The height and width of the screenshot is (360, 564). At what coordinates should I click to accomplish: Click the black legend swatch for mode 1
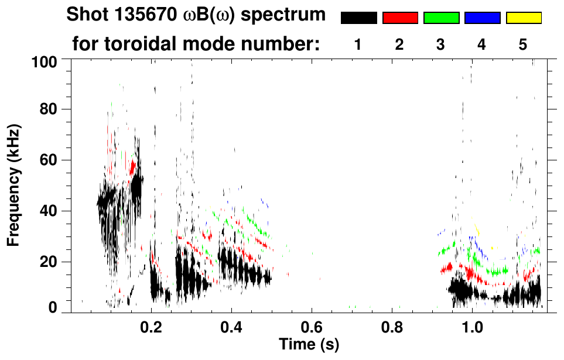tap(358, 18)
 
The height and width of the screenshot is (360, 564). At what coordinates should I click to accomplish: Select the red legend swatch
tap(400, 18)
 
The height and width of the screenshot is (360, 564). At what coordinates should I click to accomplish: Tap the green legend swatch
tap(441, 18)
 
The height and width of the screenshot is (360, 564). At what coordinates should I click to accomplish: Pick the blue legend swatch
tap(482, 18)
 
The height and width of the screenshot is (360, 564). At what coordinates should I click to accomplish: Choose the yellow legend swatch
tap(524, 18)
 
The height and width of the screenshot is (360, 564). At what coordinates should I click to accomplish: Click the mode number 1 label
tap(358, 44)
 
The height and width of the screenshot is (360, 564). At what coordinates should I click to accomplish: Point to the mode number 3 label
tap(441, 44)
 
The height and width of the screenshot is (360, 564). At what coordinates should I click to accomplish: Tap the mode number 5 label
tap(523, 44)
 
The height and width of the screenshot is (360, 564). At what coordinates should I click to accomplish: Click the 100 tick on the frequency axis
tap(51, 60)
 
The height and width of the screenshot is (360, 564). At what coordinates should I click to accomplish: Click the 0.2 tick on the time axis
tap(151, 326)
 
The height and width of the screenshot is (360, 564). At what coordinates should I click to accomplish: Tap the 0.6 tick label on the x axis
tap(312, 326)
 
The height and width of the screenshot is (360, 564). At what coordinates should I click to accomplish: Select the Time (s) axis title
tap(308, 344)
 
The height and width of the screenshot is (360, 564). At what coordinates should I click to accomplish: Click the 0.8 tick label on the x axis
tap(392, 326)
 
